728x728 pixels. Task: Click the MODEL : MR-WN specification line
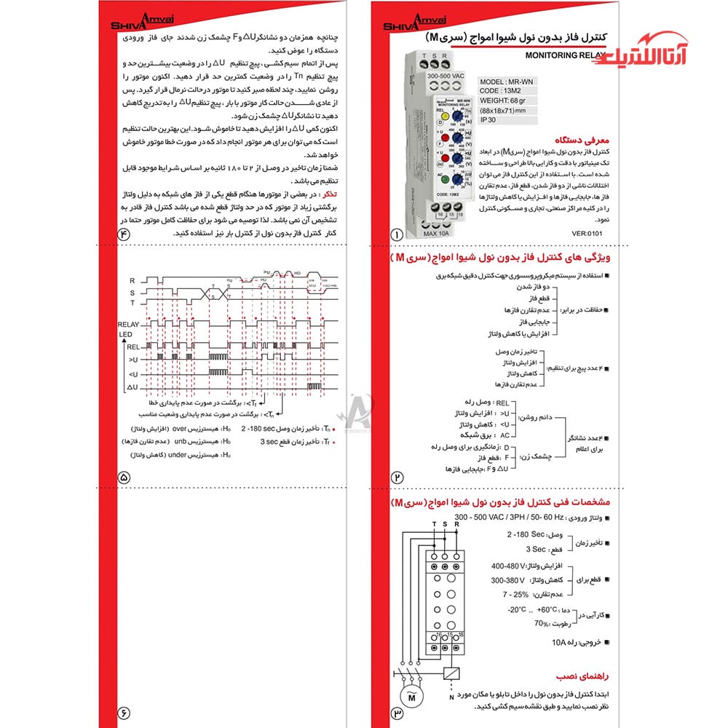coord(504,82)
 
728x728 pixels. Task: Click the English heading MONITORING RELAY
coord(561,55)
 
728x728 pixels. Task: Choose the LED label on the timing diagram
coord(124,333)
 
